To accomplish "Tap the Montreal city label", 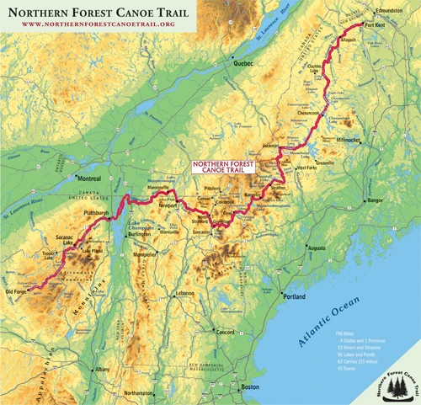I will (x=88, y=179).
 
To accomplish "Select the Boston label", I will (x=247, y=386).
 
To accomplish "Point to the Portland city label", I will (x=295, y=297).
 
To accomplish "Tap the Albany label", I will (x=103, y=370).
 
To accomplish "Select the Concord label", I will (x=225, y=332).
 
